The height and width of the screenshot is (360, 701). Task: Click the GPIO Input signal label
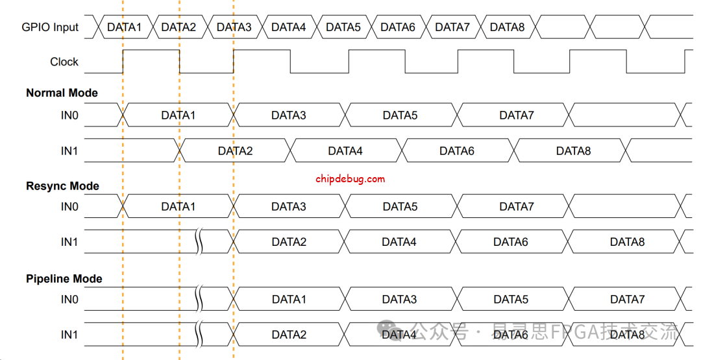pos(50,27)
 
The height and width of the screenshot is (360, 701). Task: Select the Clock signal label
pos(64,62)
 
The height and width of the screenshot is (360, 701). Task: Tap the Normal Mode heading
pos(62,93)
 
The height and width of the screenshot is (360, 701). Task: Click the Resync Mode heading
pos(62,186)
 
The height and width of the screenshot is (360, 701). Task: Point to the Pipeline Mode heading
pos(64,279)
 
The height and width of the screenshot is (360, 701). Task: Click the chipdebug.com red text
pos(350,179)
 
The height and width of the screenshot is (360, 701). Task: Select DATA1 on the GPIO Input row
pos(124,27)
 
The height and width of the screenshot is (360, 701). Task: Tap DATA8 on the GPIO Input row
pos(507,27)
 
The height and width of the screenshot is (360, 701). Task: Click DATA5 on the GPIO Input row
pos(343,27)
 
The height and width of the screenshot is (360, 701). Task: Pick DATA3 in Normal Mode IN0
pos(289,115)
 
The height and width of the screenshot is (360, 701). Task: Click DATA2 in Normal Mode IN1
pos(235,151)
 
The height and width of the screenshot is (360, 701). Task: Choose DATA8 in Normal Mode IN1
pos(573,151)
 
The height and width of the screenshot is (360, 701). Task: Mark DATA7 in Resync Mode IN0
pos(517,207)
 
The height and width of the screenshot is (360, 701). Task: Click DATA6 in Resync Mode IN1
pos(510,242)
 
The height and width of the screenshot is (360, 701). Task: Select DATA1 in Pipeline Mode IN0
pos(289,300)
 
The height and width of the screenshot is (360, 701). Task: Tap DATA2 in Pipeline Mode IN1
pos(289,335)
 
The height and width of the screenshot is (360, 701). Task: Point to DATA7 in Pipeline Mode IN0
pos(627,300)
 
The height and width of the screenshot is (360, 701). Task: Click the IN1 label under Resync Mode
pos(69,242)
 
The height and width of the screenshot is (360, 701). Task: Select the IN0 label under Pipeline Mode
pos(69,300)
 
